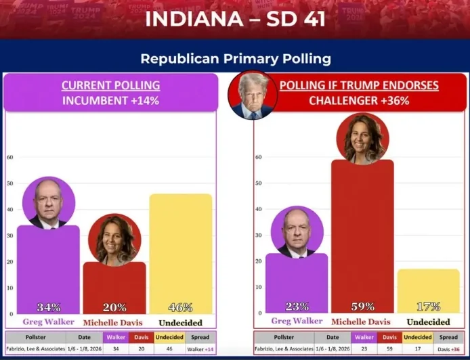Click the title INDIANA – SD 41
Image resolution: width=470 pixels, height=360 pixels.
[235, 18]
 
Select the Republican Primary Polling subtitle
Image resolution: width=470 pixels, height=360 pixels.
[235, 59]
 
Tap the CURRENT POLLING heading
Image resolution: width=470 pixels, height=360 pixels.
[110, 85]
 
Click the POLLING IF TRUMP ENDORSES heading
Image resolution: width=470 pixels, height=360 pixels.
[359, 85]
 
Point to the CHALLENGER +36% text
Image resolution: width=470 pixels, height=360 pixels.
[359, 101]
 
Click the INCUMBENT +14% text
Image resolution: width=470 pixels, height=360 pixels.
[110, 101]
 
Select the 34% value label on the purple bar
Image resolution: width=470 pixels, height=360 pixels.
[49, 307]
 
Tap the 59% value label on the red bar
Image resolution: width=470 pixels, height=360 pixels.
[362, 306]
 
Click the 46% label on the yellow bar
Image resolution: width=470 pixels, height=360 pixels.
[180, 307]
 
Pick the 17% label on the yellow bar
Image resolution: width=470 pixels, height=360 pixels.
[428, 306]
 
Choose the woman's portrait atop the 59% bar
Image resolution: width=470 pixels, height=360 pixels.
[362, 139]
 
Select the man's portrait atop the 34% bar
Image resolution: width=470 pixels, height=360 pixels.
[48, 203]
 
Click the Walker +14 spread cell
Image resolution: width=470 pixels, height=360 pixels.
[201, 349]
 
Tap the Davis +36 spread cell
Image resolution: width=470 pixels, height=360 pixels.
[448, 349]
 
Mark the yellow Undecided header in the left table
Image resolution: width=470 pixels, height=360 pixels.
[170, 337]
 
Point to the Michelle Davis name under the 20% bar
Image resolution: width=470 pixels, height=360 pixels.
[113, 323]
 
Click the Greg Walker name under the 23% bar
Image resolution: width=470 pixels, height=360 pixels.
[297, 321]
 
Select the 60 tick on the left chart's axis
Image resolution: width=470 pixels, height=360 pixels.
[10, 158]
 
